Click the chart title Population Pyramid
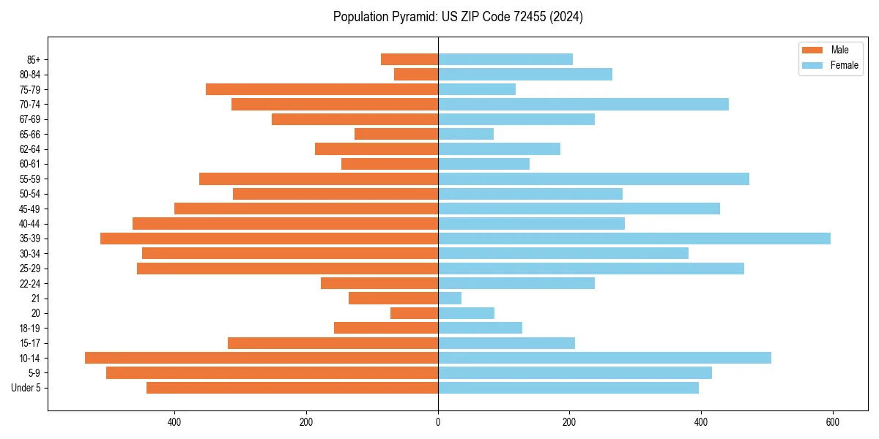click(x=458, y=17)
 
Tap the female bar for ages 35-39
click(x=634, y=239)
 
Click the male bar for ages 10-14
click(x=262, y=358)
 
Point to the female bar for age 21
click(x=450, y=298)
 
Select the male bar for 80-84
click(x=416, y=74)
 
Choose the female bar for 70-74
click(x=583, y=104)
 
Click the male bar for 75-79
click(x=322, y=89)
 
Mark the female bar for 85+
click(x=505, y=59)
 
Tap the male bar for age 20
click(x=414, y=313)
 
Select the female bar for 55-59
click(x=593, y=179)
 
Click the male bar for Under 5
click(x=292, y=388)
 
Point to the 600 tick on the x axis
click(x=832, y=422)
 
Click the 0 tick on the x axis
click(x=438, y=422)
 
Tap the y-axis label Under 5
click(x=26, y=388)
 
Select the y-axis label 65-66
click(x=30, y=134)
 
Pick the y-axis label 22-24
click(x=30, y=283)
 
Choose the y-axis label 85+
click(x=34, y=59)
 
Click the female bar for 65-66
click(x=466, y=134)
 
